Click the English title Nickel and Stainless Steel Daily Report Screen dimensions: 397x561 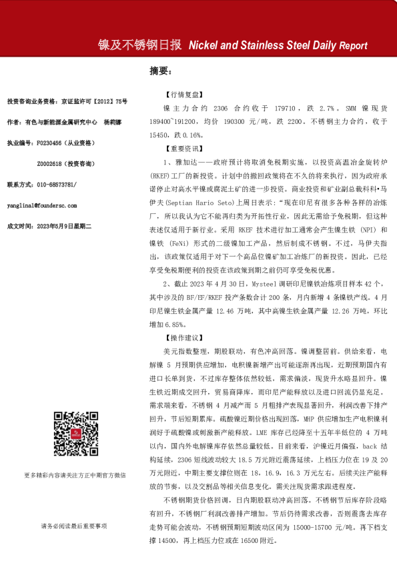click(x=278, y=46)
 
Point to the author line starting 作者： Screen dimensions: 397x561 click(x=57, y=123)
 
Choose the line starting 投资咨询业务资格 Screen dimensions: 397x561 click(x=65, y=102)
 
